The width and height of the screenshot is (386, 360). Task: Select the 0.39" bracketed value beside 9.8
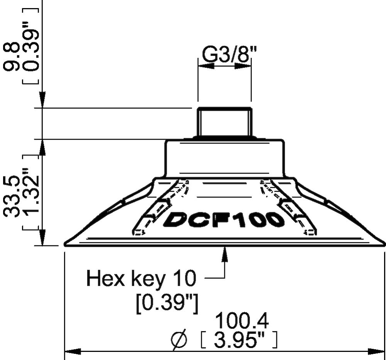[33, 46]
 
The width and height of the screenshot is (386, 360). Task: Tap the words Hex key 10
[141, 278]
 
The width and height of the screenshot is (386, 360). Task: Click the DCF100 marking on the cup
[224, 220]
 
